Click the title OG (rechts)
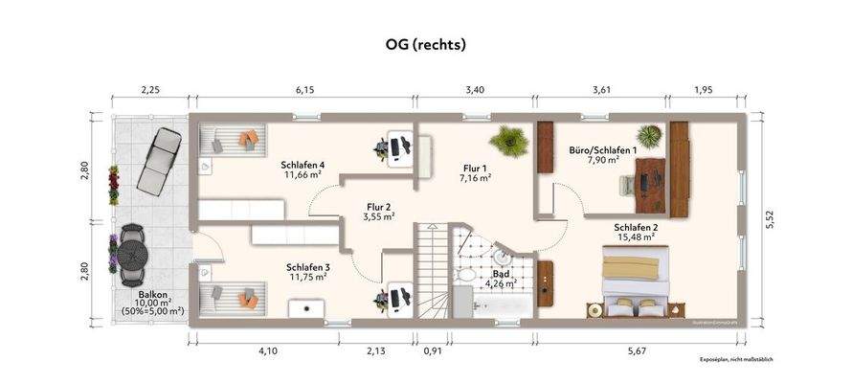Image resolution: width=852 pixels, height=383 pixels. tap(424, 44)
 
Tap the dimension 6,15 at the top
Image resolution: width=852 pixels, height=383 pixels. tap(304, 90)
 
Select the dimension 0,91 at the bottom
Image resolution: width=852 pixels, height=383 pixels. tap(434, 351)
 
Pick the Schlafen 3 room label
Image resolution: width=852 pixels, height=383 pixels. tap(307, 267)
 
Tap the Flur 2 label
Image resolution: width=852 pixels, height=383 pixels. tap(379, 206)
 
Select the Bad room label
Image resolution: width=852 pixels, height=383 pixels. tap(501, 273)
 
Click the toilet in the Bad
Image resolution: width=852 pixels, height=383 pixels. tap(464, 276)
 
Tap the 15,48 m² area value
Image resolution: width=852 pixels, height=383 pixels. tap(634, 237)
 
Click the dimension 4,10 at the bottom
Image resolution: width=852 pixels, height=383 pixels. tap(268, 351)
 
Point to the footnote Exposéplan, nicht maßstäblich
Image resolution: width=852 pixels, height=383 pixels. tap(735, 359)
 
